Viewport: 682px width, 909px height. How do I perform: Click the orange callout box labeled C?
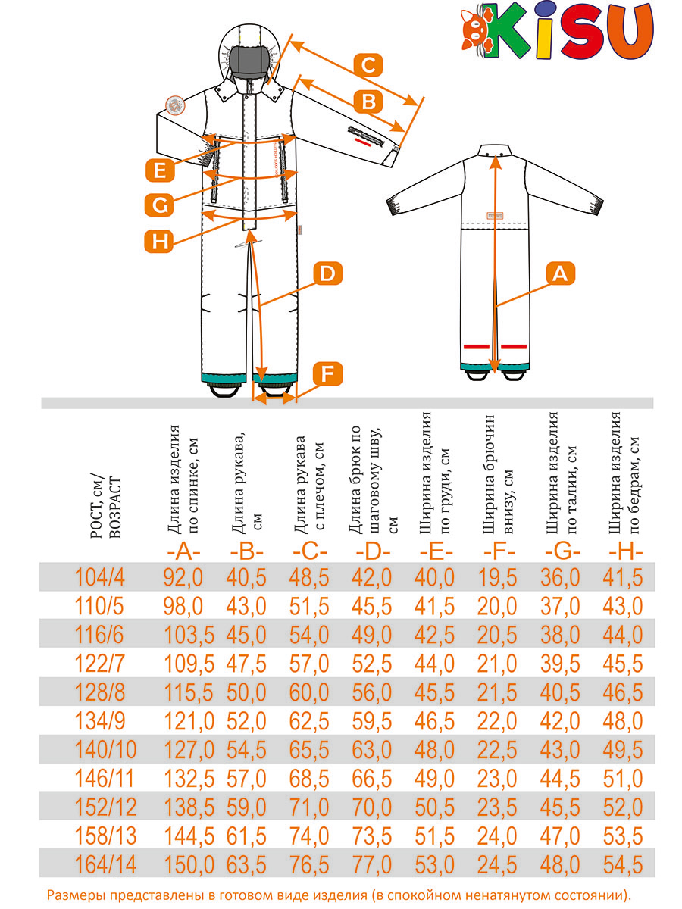[x=368, y=65]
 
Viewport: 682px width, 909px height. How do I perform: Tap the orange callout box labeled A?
[x=560, y=273]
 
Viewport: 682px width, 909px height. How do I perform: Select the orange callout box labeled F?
[x=327, y=374]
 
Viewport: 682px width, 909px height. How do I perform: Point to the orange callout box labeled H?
[x=158, y=241]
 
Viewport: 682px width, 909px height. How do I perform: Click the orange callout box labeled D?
[x=327, y=273]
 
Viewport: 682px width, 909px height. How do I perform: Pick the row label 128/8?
[x=99, y=693]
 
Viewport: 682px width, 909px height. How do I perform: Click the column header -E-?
[x=436, y=553]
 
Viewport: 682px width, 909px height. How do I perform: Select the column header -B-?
[x=247, y=553]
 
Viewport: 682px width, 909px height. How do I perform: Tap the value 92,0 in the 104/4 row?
[x=183, y=578]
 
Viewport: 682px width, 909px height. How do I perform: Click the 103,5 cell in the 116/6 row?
[x=189, y=636]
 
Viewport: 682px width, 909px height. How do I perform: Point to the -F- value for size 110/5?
[x=497, y=607]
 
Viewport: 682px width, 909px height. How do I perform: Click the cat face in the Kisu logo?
[x=476, y=30]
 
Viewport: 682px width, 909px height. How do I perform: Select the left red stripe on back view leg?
[x=476, y=346]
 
